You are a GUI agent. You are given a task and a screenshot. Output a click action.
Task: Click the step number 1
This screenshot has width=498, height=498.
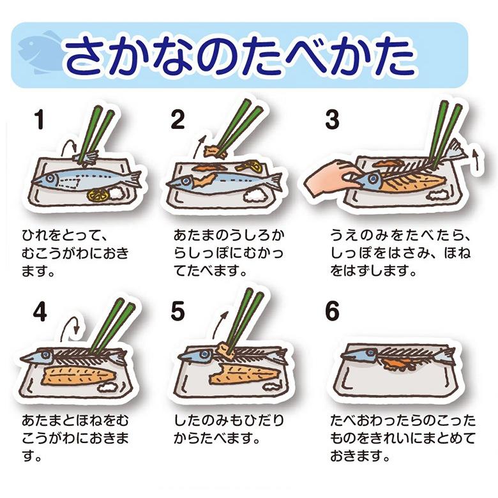40,120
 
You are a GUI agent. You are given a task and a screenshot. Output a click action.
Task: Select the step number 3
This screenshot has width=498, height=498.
331,120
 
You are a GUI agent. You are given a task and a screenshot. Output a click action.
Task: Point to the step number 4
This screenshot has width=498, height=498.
40,312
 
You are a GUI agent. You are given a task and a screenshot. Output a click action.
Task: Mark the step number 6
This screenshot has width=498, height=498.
332,312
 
